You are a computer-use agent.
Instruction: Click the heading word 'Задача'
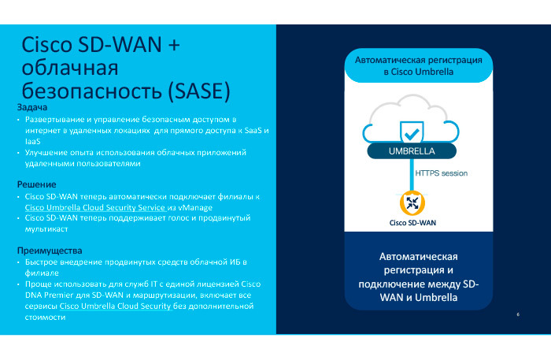pyautogui.click(x=33, y=107)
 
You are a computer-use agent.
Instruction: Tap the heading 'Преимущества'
pyautogui.click(x=50, y=250)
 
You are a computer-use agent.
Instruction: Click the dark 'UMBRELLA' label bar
pyautogui.click(x=412, y=151)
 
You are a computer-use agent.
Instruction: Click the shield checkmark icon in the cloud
pyautogui.click(x=411, y=130)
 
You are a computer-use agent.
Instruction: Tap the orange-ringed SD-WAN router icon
pyautogui.click(x=412, y=203)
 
